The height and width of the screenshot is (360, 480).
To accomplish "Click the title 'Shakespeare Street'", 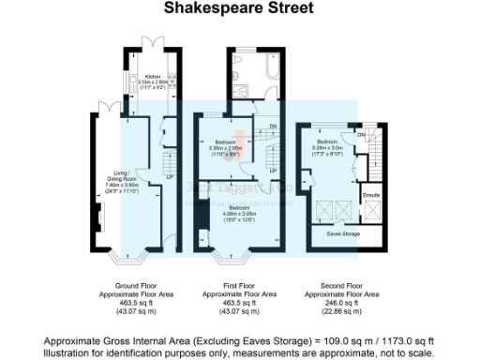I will coord(240,8).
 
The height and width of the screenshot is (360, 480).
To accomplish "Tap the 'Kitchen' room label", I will coord(152,77).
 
